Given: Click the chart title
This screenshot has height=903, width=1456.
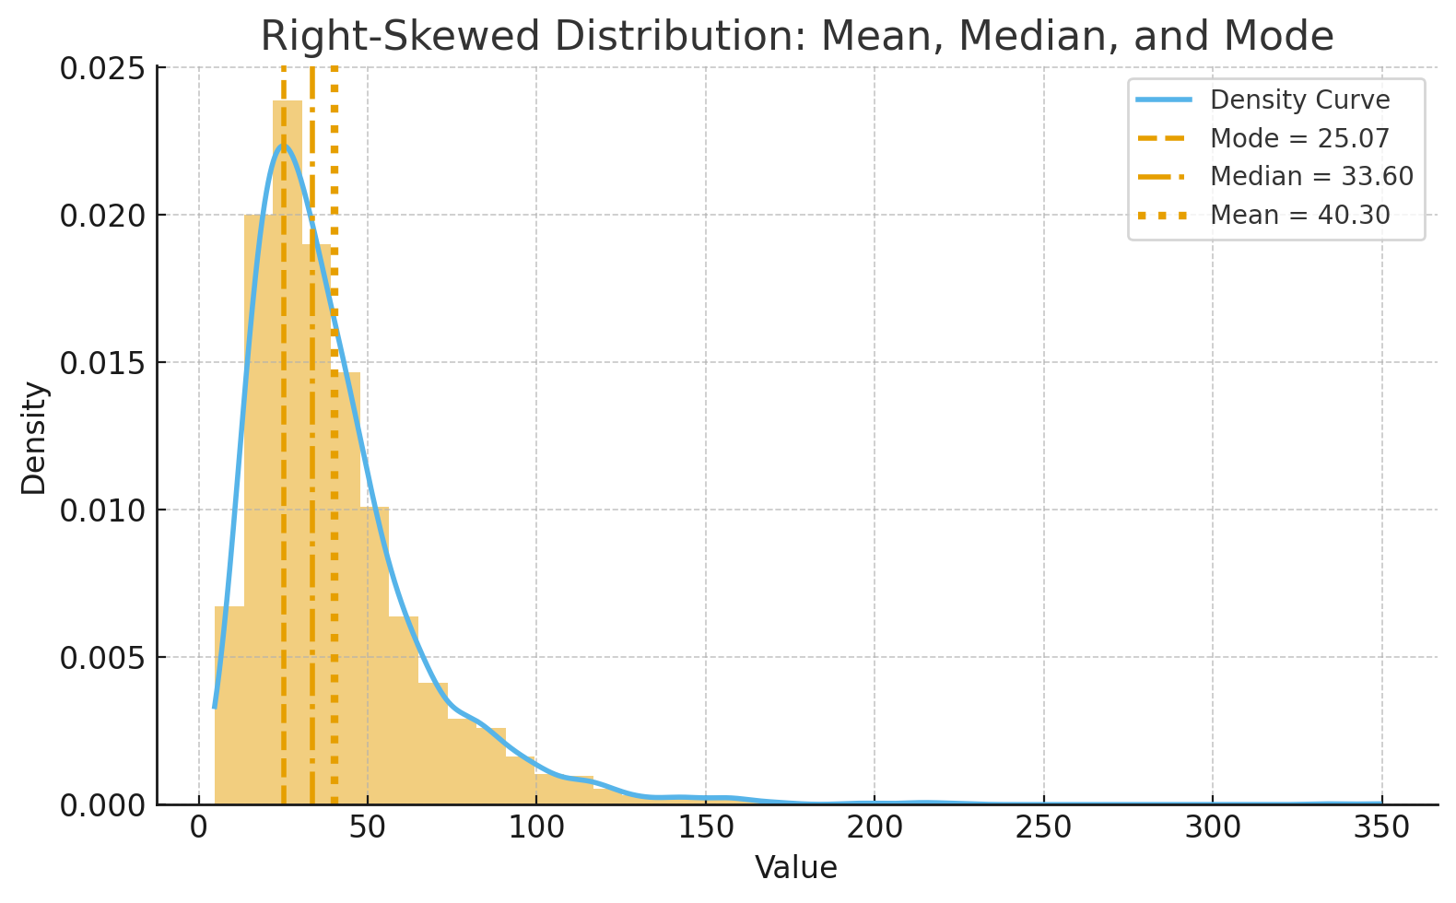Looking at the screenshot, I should (796, 37).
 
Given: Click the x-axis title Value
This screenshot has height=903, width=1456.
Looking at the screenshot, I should (796, 867).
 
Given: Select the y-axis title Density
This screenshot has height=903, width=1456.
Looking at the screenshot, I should (34, 438).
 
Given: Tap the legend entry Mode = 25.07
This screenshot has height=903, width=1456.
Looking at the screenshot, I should (1298, 138).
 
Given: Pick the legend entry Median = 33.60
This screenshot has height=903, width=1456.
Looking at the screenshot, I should (1310, 176).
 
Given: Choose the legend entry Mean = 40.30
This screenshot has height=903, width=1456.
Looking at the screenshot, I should (1299, 215).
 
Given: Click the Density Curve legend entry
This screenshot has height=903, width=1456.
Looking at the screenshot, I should (1299, 100).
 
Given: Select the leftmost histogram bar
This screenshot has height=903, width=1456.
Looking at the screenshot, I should (229, 709).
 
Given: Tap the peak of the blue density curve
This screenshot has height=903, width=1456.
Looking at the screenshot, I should (283, 146).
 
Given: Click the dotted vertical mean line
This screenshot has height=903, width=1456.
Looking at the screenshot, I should (334, 553).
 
